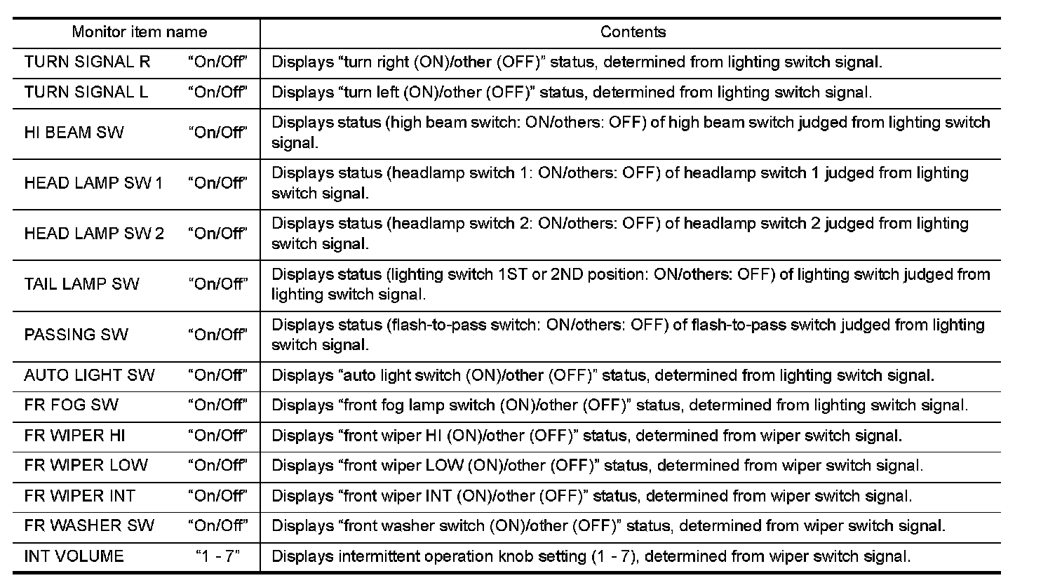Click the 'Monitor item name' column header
(x=139, y=32)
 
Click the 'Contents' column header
(x=633, y=32)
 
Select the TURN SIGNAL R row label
(x=87, y=62)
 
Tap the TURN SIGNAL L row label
(x=86, y=92)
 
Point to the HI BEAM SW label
(x=74, y=133)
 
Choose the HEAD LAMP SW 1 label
(x=93, y=183)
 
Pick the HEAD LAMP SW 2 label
(x=94, y=234)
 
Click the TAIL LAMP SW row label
(x=81, y=284)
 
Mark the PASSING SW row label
(x=76, y=335)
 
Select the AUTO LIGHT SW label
(x=89, y=375)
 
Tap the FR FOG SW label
(x=71, y=405)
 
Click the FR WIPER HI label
(x=74, y=436)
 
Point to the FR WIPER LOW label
(x=86, y=465)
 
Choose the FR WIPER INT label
(x=79, y=496)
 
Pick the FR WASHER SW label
(x=88, y=526)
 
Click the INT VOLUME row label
(x=74, y=556)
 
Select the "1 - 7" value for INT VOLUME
(x=217, y=556)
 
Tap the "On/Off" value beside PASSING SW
(x=217, y=335)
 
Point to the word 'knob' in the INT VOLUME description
(x=516, y=557)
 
